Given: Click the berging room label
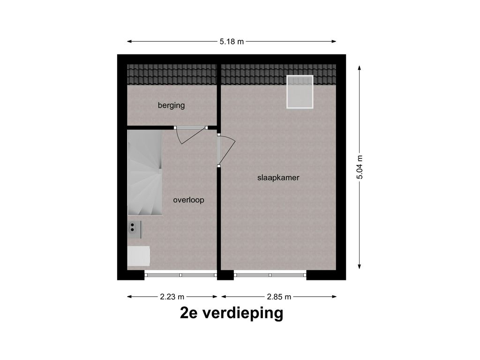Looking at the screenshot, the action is click(171, 105).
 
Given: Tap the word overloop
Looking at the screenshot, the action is click(188, 200).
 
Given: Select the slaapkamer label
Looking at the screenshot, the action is click(278, 178).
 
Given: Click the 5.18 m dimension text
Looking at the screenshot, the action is click(232, 42).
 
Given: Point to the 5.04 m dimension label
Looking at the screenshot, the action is click(360, 167).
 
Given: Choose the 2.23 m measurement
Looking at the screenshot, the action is click(172, 297).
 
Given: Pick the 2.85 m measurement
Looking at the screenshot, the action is click(279, 297).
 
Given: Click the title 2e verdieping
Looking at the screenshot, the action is click(232, 313).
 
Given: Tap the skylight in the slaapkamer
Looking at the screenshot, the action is click(300, 92).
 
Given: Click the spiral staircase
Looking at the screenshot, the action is click(145, 172).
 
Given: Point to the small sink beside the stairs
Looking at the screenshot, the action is click(135, 228).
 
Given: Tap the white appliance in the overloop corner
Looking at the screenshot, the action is click(139, 256).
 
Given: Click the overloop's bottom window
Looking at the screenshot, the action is click(180, 275).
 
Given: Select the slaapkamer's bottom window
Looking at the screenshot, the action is click(270, 275).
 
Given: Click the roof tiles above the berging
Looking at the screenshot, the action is click(172, 75).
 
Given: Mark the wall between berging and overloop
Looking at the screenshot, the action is click(150, 127).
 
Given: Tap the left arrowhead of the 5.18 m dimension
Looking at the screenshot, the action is click(129, 42).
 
